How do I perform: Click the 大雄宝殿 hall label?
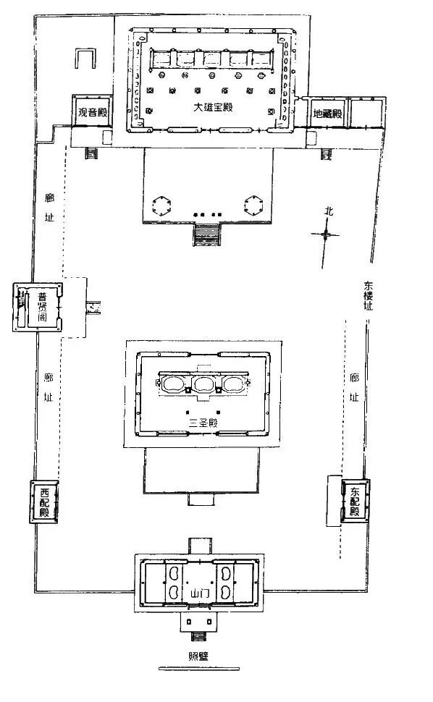(x=213, y=107)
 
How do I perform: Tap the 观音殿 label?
(x=93, y=112)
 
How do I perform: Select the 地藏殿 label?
(x=327, y=114)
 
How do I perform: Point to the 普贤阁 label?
(x=43, y=307)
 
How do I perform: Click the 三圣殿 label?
(x=203, y=422)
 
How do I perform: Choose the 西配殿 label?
(x=44, y=502)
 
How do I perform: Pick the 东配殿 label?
(x=355, y=502)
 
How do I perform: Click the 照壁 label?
(x=198, y=656)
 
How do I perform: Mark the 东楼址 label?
(x=368, y=295)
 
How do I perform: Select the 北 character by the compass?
(x=329, y=211)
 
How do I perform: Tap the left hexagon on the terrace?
(x=161, y=206)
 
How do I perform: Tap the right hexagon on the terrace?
(x=253, y=206)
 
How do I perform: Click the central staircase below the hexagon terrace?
(x=207, y=234)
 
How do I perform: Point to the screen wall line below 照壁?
(x=199, y=669)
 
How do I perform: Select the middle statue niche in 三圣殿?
(x=203, y=384)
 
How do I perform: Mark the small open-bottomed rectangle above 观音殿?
(x=85, y=58)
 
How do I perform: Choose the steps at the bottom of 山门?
(x=198, y=637)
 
